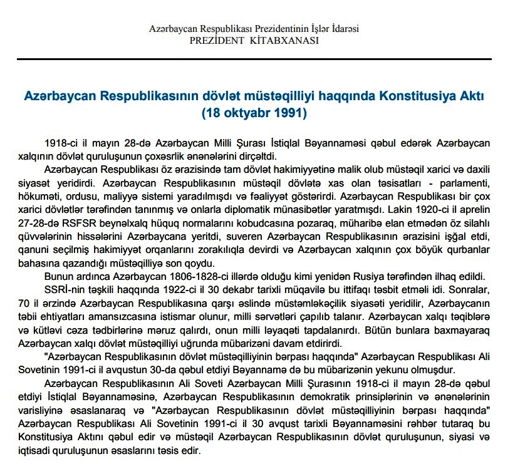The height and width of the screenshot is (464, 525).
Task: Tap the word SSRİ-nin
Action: [65, 289]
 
